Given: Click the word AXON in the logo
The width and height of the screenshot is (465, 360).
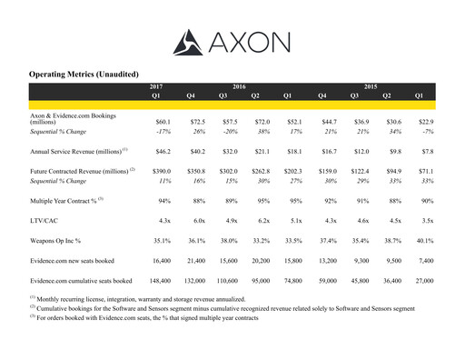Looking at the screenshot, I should (x=250, y=41).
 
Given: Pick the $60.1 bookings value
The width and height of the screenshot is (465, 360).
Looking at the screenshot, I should (x=163, y=121).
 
